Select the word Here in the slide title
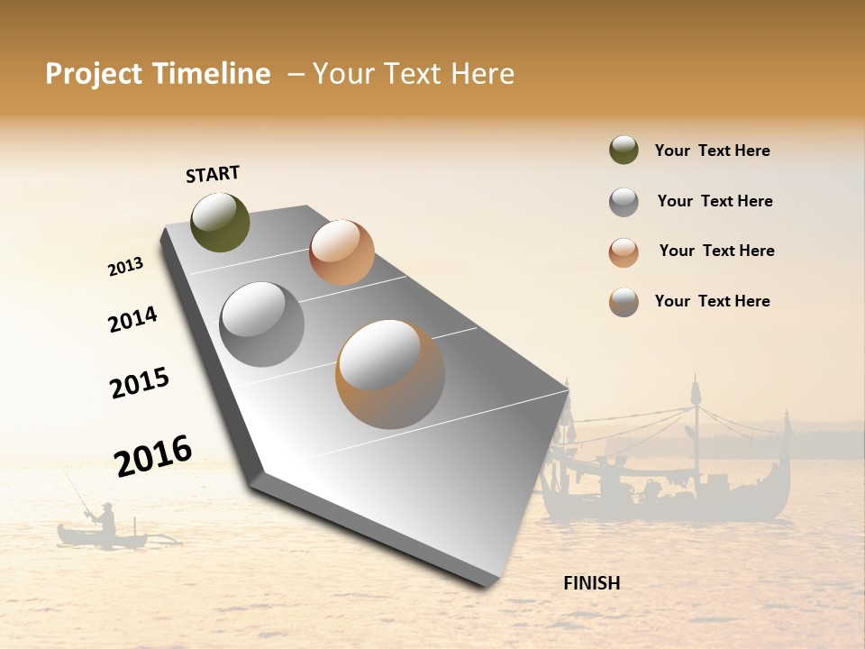click(x=482, y=74)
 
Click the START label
click(x=213, y=173)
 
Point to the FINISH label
click(x=591, y=583)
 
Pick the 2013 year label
click(x=125, y=267)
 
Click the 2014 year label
click(x=132, y=319)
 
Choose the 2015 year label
click(x=140, y=383)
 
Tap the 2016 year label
click(x=153, y=456)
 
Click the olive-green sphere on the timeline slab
click(x=220, y=222)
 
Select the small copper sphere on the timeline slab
click(x=341, y=251)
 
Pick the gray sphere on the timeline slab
click(x=262, y=324)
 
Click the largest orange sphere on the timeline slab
click(x=390, y=374)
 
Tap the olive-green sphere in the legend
click(x=624, y=150)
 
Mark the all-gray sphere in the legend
click(x=624, y=202)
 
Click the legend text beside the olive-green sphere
click(x=712, y=151)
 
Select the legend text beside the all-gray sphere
click(x=715, y=201)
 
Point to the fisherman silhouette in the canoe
click(x=106, y=520)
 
